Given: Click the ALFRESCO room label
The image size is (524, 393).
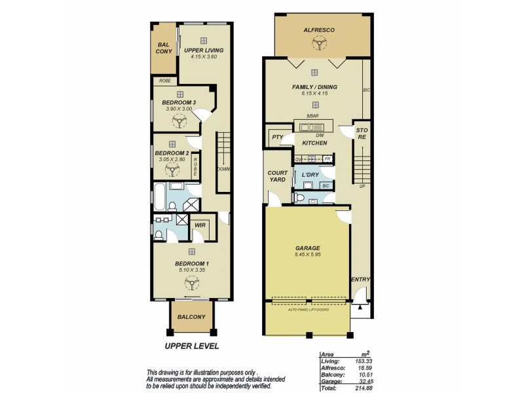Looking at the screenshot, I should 318,30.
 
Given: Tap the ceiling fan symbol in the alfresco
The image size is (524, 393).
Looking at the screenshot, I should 318,43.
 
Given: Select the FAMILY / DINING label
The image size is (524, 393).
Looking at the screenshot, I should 314,86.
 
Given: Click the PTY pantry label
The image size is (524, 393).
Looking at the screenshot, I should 276,138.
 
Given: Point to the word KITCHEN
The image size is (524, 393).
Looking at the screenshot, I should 314,142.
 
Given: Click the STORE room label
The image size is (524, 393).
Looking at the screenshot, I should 361,134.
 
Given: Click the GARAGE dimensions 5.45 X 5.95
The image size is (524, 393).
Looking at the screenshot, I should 307,255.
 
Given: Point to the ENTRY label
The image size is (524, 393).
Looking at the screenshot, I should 360,280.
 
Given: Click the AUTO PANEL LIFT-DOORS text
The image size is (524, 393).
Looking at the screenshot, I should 308,309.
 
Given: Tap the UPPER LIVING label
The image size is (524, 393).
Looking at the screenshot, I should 204,50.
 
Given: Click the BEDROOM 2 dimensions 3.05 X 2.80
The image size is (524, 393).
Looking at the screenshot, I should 172,159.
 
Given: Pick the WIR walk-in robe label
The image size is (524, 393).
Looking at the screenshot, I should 200,226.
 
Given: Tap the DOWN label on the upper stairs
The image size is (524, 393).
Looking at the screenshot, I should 223,168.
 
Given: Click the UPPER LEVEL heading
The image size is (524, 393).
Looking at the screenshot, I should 191,346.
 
